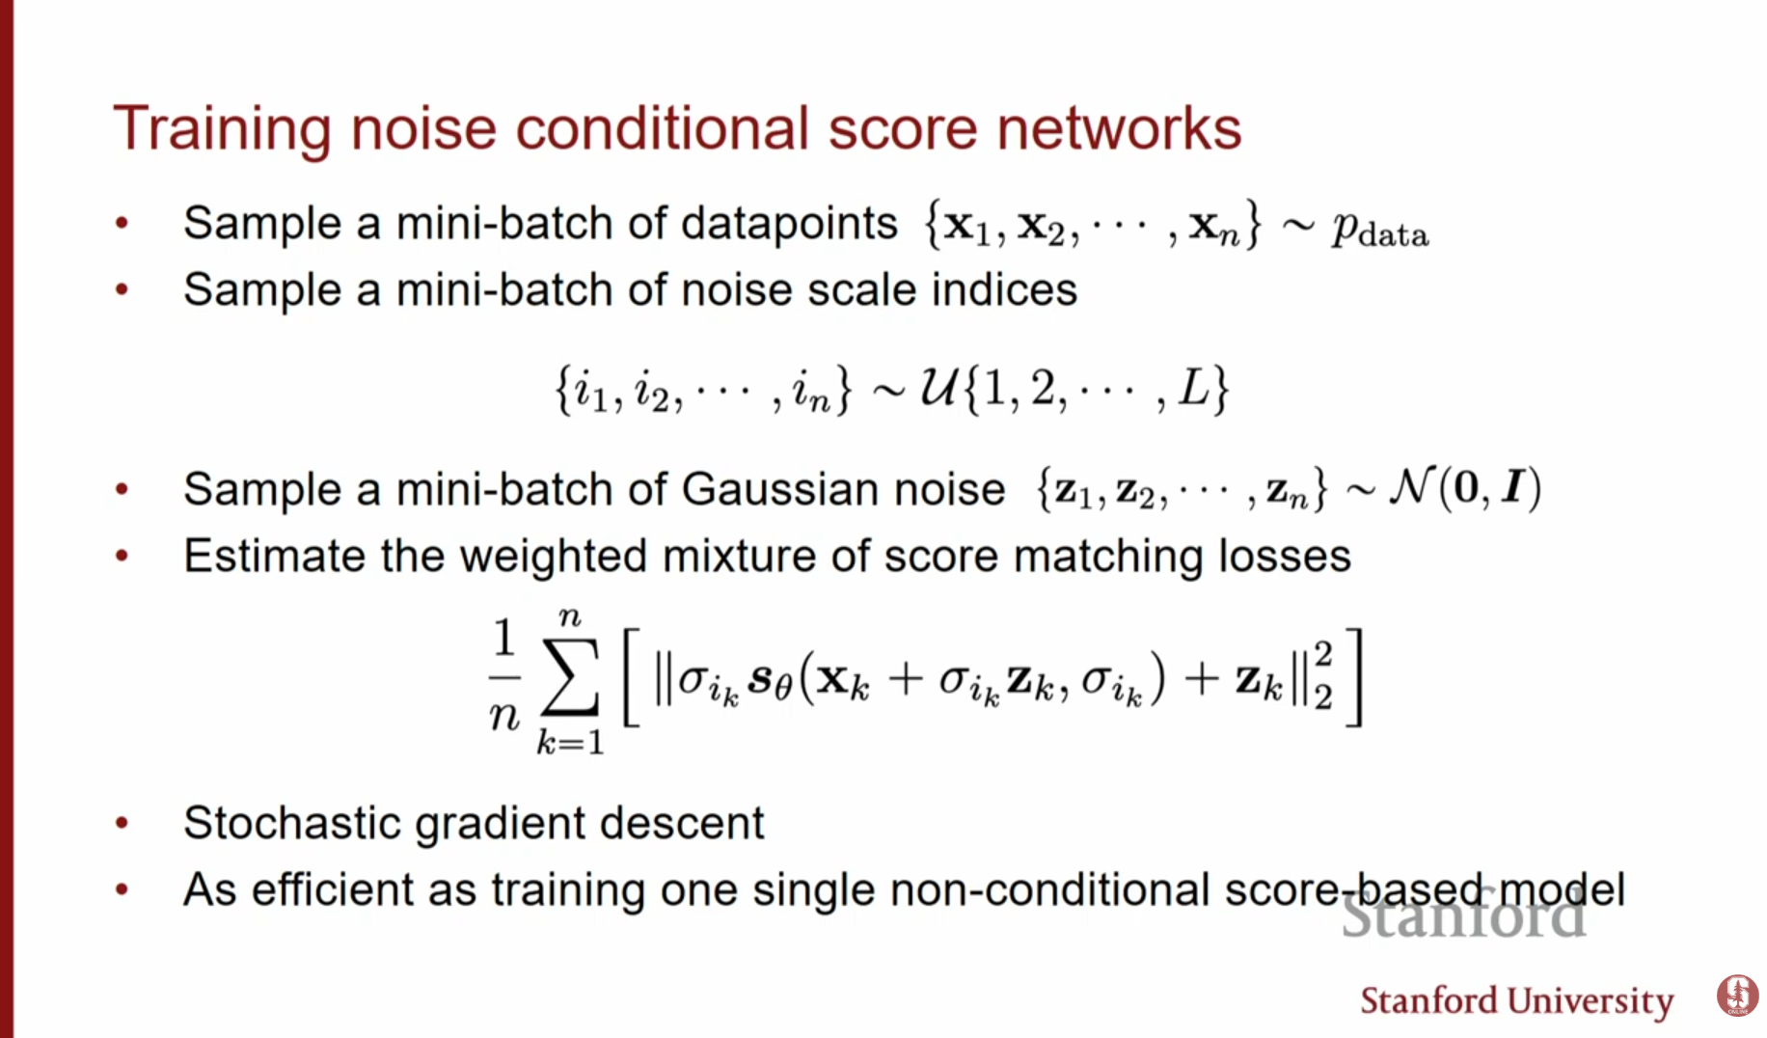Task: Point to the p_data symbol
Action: (1379, 229)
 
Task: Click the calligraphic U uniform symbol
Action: (938, 388)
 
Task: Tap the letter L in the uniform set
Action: (1194, 388)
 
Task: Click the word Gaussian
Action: (842, 489)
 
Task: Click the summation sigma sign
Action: (569, 675)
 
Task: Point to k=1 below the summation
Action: (570, 742)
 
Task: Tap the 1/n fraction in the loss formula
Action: (503, 675)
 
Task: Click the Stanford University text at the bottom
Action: (1516, 1001)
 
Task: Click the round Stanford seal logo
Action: (1736, 996)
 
